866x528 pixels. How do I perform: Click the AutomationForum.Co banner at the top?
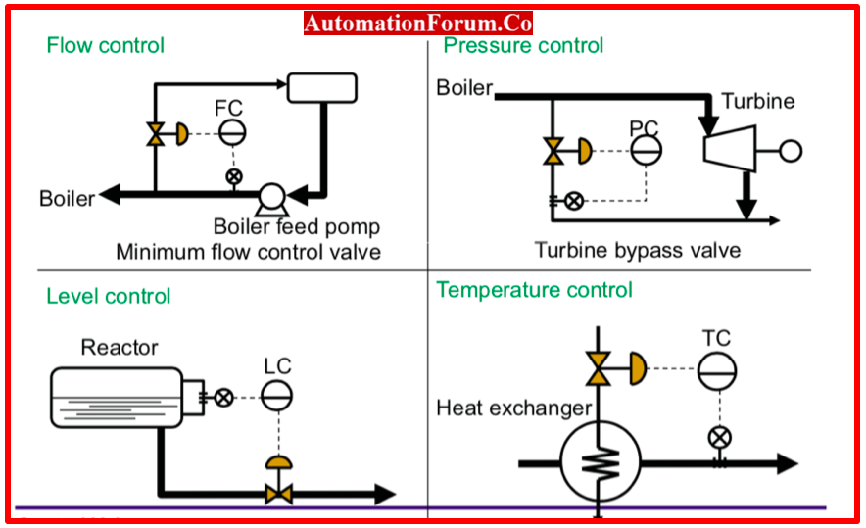[418, 24]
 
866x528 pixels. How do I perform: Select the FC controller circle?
[232, 132]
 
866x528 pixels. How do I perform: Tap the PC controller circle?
[647, 150]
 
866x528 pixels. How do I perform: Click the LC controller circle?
[276, 396]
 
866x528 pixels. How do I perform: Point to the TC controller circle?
[717, 371]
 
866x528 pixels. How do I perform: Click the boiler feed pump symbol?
[271, 199]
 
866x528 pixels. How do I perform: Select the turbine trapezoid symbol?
[730, 149]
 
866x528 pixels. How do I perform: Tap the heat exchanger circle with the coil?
[601, 461]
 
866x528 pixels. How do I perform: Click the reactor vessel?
[117, 398]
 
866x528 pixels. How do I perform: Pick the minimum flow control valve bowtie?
[156, 134]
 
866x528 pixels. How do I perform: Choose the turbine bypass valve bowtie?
[553, 151]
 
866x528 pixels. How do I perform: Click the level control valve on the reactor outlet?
[279, 493]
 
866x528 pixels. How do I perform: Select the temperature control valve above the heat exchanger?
[599, 368]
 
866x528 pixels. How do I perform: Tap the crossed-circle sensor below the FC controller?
[234, 176]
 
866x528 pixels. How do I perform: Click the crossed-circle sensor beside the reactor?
[223, 398]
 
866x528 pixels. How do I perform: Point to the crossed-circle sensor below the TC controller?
[720, 438]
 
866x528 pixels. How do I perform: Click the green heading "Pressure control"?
[523, 45]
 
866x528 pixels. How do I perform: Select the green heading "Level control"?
[108, 296]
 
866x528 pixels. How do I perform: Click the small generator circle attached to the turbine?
[791, 151]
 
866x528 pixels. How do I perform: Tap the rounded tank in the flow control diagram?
[322, 88]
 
